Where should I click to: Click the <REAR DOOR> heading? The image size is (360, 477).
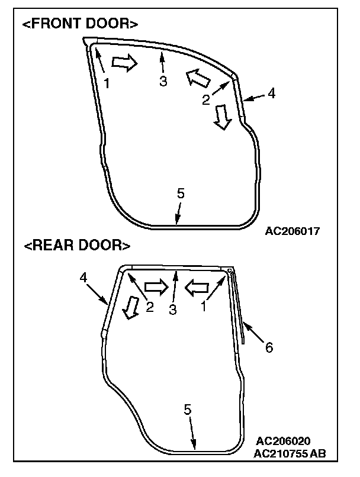tap(77, 245)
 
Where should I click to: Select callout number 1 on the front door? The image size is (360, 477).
tap(107, 83)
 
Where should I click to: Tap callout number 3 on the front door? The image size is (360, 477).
tap(163, 82)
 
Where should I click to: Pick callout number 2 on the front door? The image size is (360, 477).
tap(205, 100)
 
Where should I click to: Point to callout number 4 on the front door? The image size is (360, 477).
tap(272, 92)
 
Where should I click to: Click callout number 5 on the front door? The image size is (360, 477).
tap(181, 193)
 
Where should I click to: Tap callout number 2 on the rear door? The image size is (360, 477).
tap(149, 307)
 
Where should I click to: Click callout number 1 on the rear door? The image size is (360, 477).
tap(204, 307)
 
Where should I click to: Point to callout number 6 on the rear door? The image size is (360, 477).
tap(269, 348)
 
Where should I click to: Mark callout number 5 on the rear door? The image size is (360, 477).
tap(188, 410)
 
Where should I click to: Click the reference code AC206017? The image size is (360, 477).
tap(292, 231)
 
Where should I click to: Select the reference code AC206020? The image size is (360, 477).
tap(284, 441)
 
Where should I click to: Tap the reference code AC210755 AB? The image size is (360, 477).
tap(290, 454)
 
